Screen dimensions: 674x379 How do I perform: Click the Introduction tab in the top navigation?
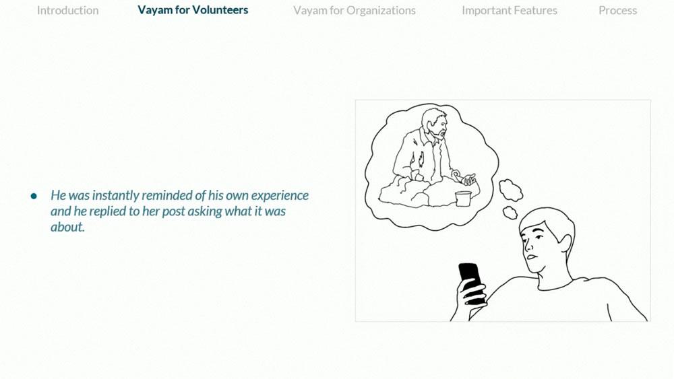pyautogui.click(x=67, y=10)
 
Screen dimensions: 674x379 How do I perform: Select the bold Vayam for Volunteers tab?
pyautogui.click(x=193, y=10)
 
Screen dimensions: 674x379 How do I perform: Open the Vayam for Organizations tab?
pyautogui.click(x=355, y=10)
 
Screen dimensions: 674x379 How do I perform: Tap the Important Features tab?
pyautogui.click(x=510, y=10)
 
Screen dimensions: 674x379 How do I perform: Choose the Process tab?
pyautogui.click(x=617, y=10)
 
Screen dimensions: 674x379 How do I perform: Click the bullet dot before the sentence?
pyautogui.click(x=34, y=196)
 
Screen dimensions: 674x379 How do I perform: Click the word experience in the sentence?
pyautogui.click(x=280, y=196)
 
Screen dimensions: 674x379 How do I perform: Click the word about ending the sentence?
pyautogui.click(x=67, y=227)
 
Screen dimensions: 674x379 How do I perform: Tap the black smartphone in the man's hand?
pyautogui.click(x=471, y=283)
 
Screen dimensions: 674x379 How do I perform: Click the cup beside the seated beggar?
pyautogui.click(x=464, y=199)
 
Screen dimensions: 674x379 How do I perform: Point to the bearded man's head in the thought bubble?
pyautogui.click(x=434, y=124)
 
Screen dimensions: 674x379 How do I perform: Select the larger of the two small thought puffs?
pyautogui.click(x=511, y=190)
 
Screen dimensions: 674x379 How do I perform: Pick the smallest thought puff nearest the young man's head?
pyautogui.click(x=510, y=213)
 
